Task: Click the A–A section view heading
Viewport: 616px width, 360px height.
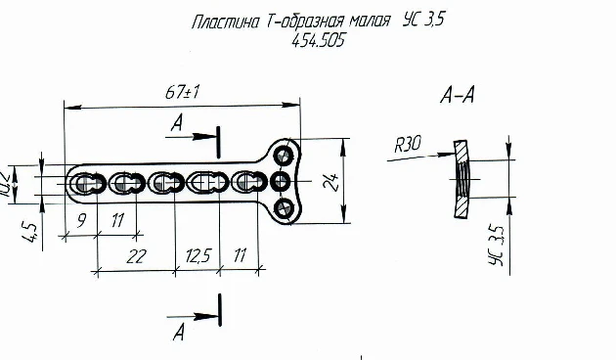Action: coord(460,96)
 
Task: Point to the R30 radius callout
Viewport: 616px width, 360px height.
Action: coord(408,144)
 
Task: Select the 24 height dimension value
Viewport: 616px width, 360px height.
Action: coord(335,182)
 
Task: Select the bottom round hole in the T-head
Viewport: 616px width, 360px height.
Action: coord(285,207)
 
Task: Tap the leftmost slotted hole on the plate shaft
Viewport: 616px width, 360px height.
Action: coord(86,182)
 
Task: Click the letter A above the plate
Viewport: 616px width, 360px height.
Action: coord(177,123)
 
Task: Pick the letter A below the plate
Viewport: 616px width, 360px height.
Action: coord(177,333)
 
